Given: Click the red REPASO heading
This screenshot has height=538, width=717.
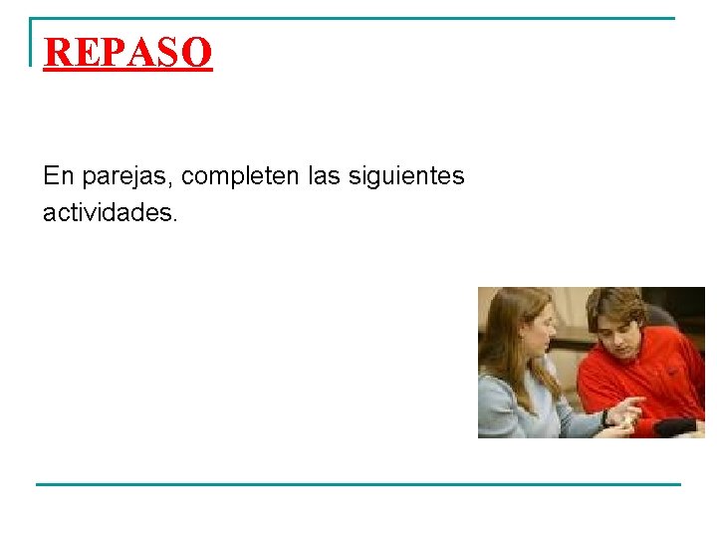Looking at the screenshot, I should coord(128,52).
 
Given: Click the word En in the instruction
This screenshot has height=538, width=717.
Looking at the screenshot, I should coord(58,176).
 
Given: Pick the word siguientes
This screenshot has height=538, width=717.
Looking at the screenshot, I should coord(410,177).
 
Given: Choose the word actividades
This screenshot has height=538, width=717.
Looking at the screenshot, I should coord(110,212).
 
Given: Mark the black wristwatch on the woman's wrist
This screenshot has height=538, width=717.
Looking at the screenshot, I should coord(605,418).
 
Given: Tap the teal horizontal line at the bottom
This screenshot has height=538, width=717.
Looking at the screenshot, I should coord(358,484).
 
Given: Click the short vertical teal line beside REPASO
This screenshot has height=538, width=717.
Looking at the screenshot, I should coord(32,42).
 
